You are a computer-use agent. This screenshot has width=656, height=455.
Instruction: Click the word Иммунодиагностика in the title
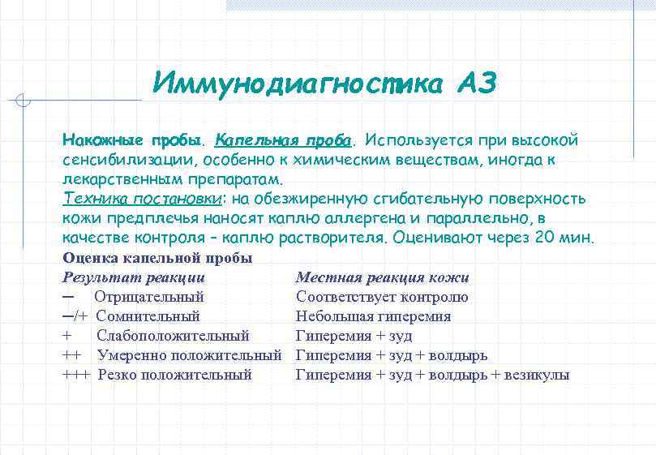pos(297,84)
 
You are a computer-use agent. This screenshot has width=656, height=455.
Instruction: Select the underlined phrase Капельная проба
pos(284,140)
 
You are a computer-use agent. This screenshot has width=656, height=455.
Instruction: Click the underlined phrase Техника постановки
pos(142,199)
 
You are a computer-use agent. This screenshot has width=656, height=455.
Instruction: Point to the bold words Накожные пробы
pos(133,140)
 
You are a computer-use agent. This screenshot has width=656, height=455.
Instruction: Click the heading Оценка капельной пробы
pos(157,258)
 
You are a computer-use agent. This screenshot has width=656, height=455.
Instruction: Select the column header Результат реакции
pos(134,277)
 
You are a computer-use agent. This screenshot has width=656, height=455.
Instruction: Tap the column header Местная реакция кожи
pos(382,277)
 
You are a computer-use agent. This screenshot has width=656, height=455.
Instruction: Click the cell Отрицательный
pos(148,297)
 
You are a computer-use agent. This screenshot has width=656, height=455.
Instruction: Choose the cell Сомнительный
pos(148,316)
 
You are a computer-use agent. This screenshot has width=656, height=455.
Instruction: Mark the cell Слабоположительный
pos(173,336)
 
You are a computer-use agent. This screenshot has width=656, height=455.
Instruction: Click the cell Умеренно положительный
pos(189,355)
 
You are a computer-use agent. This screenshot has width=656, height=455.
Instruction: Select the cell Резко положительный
pos(174,375)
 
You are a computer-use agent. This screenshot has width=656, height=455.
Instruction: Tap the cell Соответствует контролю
pos(382,297)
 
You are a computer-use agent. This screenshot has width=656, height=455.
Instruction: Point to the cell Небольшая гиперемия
pos(373,316)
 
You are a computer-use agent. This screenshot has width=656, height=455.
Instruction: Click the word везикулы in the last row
pos(537,375)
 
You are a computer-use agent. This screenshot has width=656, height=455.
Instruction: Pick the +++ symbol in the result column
pos(76,375)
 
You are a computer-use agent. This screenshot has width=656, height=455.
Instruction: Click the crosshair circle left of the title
pos(24,101)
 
